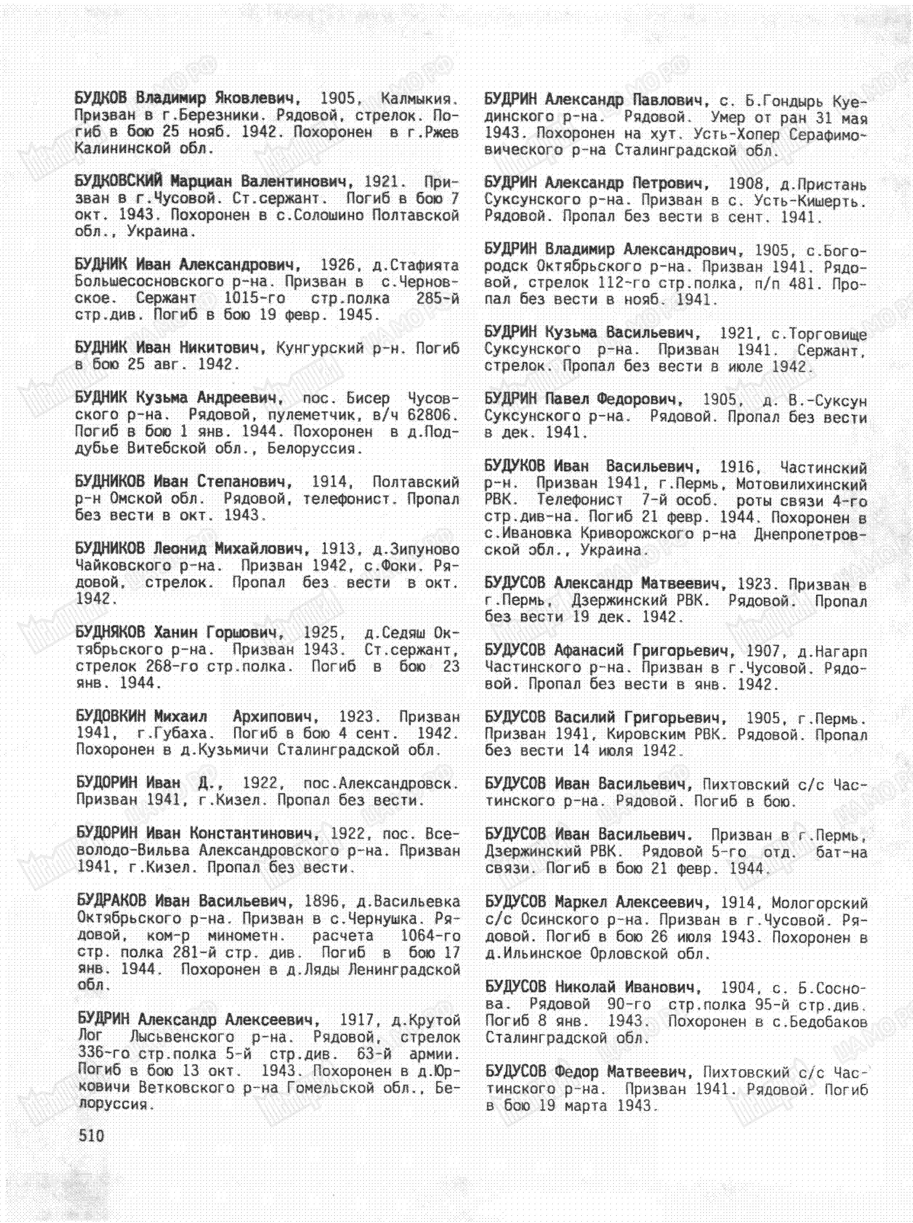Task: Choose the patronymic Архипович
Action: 275,717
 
